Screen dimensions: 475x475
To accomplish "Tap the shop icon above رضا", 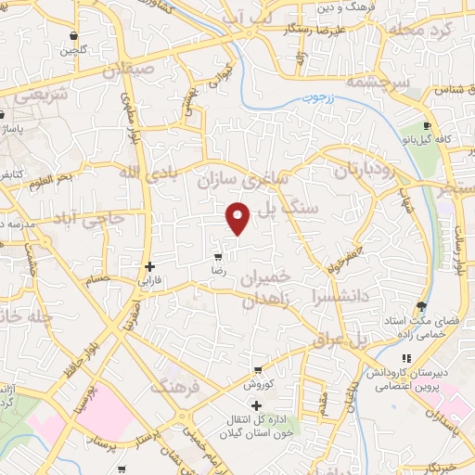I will coord(217,257).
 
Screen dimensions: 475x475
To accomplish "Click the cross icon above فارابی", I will coord(149,266).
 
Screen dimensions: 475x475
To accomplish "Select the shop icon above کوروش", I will coord(255,370).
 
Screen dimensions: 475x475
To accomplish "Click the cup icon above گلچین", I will coord(71,37).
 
